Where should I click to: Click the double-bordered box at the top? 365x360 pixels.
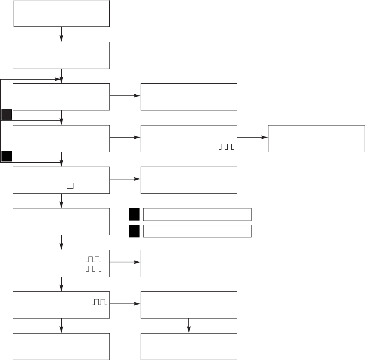(x=61, y=14)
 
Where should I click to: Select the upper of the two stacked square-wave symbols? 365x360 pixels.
(x=94, y=259)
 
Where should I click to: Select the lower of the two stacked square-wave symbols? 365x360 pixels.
(x=94, y=269)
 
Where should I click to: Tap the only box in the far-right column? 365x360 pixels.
(x=316, y=138)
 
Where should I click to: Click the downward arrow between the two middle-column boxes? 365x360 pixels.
(x=189, y=326)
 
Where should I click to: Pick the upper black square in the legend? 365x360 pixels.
(x=134, y=214)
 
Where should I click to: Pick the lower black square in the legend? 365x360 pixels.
(x=134, y=231)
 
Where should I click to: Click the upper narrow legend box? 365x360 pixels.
(x=197, y=214)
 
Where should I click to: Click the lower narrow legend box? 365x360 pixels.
(x=197, y=231)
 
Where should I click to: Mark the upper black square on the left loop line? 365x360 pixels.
(x=6, y=114)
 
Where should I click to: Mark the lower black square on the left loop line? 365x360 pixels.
(x=6, y=156)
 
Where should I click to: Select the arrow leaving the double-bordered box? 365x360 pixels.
(x=61, y=34)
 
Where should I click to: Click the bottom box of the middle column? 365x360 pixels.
(x=189, y=346)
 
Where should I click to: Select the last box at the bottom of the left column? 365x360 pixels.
(x=61, y=346)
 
